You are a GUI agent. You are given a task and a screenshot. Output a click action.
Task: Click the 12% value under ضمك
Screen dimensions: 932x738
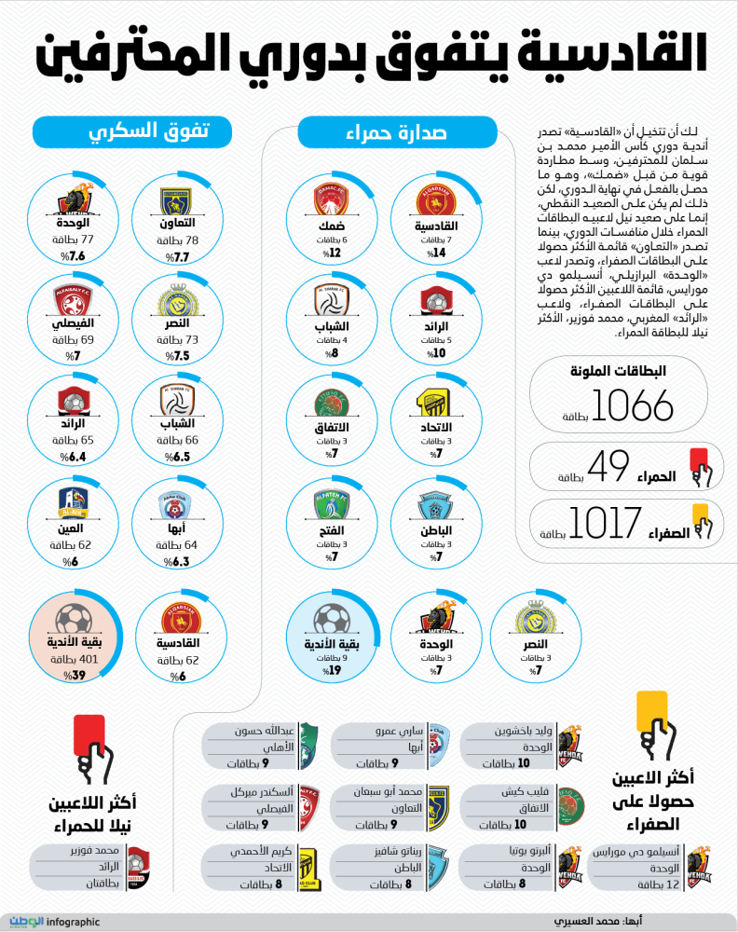coord(334,253)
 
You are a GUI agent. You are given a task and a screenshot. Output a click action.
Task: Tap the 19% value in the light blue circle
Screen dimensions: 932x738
coord(333,669)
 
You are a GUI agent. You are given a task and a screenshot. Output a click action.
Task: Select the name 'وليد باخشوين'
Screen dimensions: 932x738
coord(526,731)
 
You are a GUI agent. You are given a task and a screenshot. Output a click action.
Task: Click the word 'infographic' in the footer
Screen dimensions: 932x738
coord(73,922)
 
